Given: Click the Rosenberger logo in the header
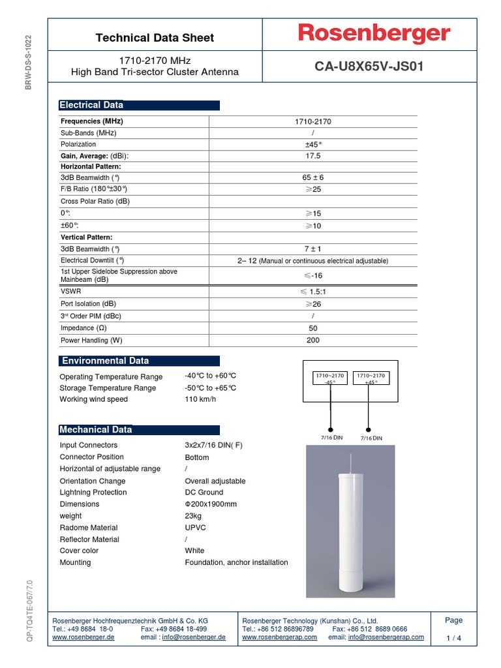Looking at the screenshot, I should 374,34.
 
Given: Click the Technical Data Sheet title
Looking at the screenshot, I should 155,38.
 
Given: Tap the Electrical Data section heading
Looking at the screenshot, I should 91,105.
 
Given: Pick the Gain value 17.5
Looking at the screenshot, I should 313,156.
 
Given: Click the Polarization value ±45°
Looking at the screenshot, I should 313,144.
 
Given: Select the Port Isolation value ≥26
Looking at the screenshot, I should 313,304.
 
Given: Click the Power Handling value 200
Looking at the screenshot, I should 313,341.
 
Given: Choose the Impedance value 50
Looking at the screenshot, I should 313,328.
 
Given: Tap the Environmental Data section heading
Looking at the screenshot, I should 105,361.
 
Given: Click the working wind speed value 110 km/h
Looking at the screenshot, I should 200,399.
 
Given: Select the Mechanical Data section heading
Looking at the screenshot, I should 96,430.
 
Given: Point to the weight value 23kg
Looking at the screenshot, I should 194,516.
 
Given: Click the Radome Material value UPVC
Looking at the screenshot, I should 196,528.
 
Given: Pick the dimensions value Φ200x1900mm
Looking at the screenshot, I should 211,504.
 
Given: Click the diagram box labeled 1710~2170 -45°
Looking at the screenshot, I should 330,379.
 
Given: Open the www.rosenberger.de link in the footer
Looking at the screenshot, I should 83,637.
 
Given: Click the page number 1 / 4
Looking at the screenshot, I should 453,638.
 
